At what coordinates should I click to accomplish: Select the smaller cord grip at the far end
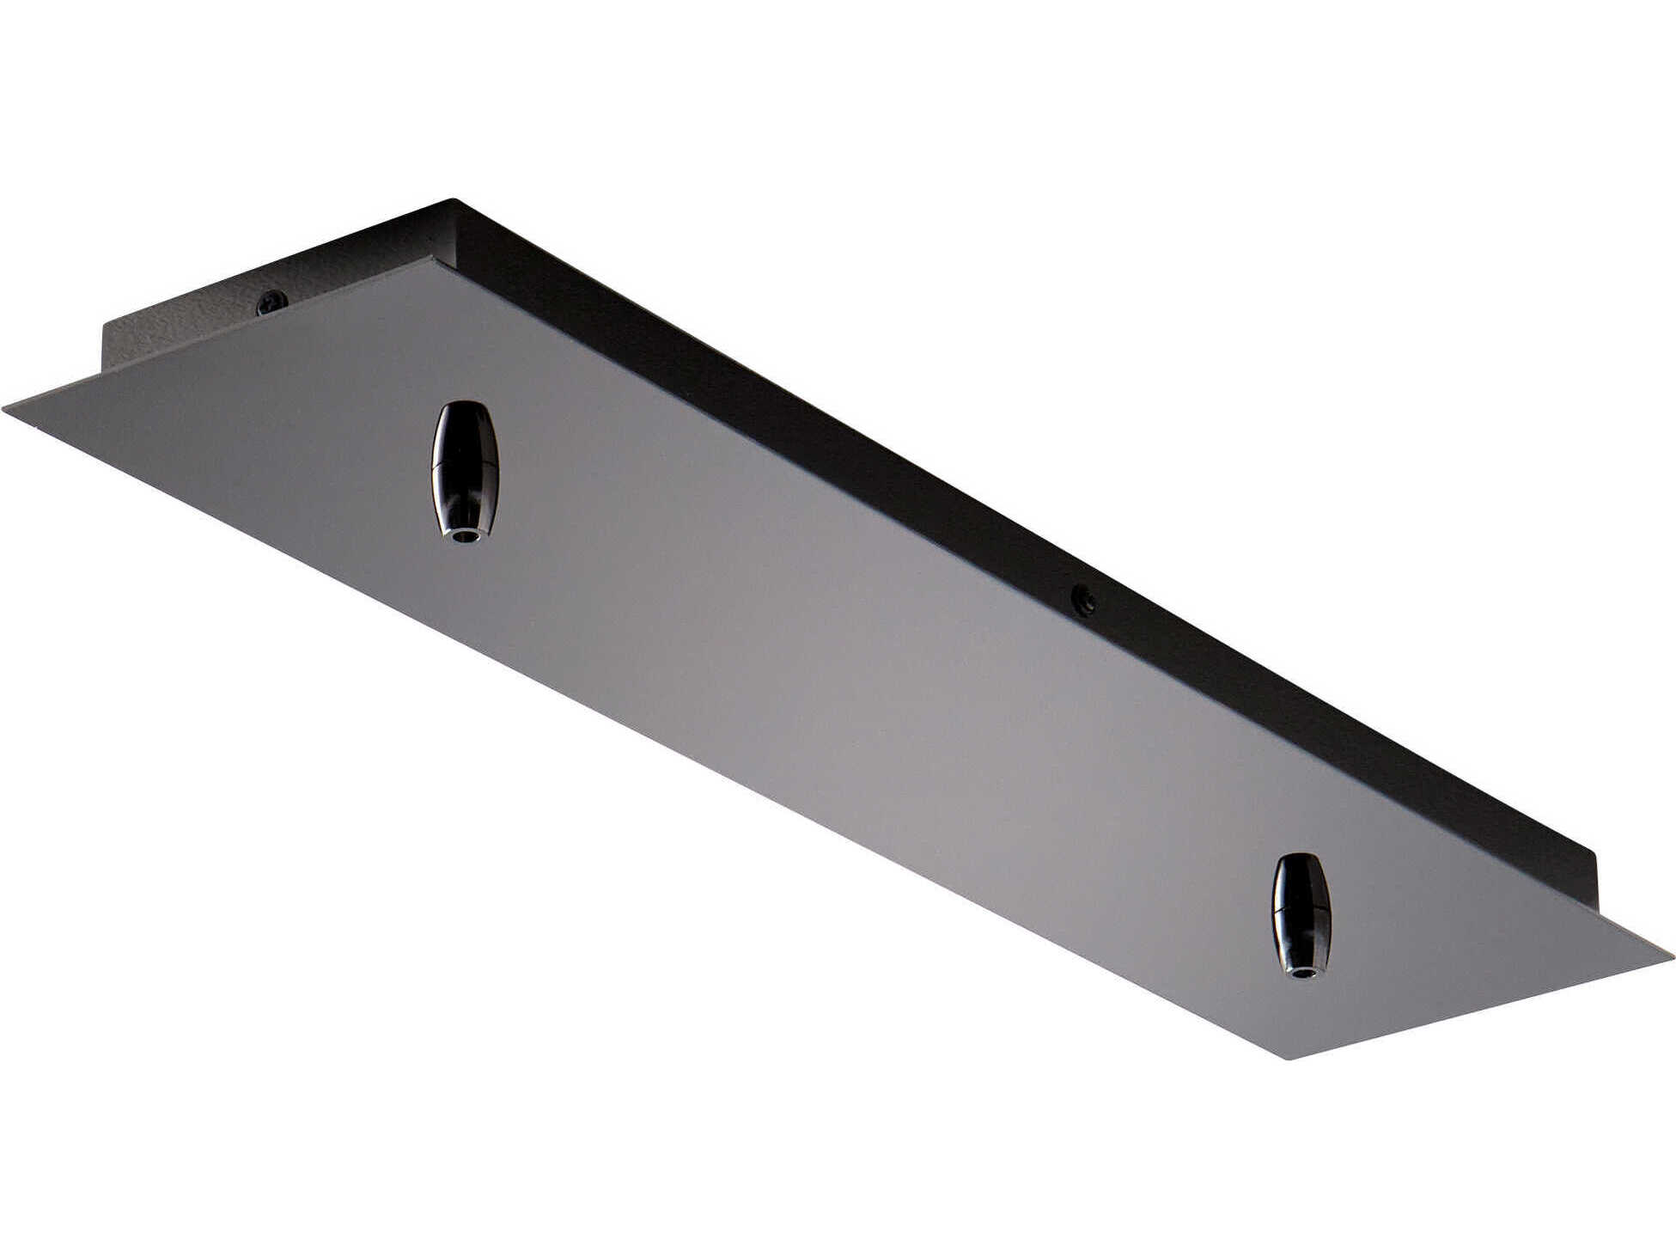point(1301,915)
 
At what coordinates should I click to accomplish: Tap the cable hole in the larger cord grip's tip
point(465,536)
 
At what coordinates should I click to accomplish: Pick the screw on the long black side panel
point(1085,600)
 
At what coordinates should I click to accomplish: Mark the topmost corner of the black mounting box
point(454,200)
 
